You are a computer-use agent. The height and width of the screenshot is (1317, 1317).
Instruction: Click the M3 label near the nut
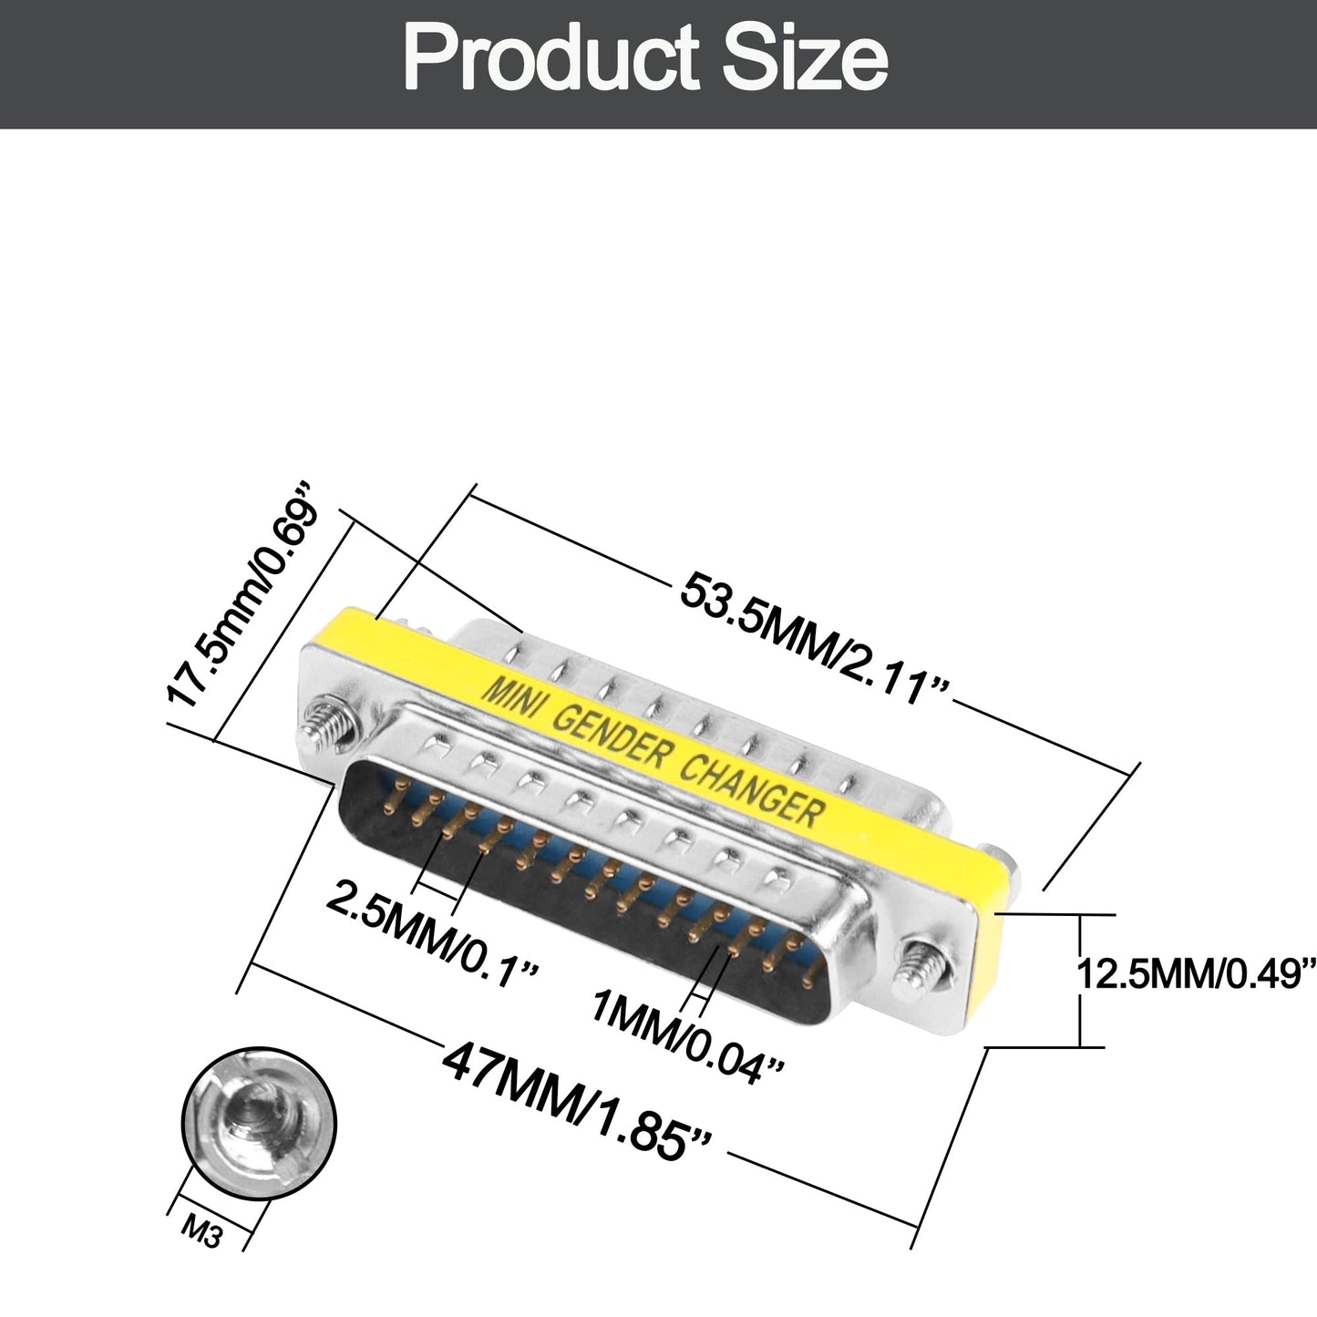(203, 1231)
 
